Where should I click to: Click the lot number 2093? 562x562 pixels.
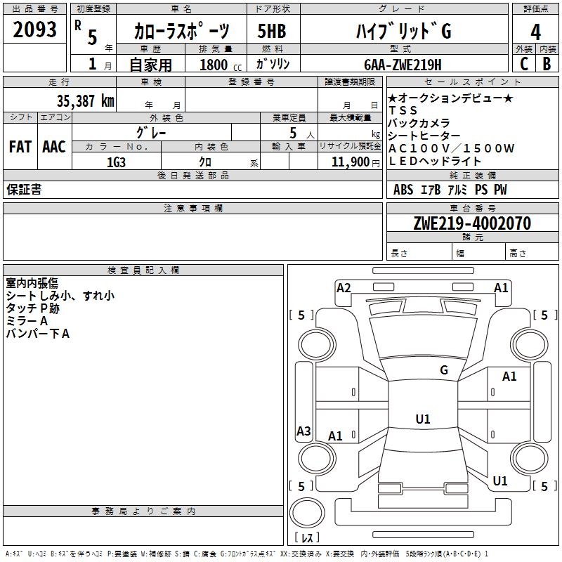coord(34,30)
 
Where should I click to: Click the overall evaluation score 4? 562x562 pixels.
coord(535,32)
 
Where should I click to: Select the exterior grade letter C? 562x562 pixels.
coord(524,64)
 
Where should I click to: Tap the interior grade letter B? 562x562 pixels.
coord(547,64)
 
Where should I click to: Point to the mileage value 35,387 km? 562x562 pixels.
coord(85,101)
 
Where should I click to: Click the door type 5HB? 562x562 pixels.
coord(272,31)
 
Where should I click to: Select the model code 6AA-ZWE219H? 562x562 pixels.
coord(403,65)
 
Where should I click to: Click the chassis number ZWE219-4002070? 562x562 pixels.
coord(472,223)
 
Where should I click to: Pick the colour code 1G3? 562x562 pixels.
coord(116,162)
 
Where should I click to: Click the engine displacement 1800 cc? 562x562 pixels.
coord(221,65)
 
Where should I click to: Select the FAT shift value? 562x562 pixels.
coord(20,147)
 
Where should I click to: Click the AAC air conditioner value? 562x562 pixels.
coord(54,147)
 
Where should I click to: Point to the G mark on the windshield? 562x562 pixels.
coord(444,370)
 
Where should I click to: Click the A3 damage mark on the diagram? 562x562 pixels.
coord(303,431)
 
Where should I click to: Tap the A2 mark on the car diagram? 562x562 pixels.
coord(344,288)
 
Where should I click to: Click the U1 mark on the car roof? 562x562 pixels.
coord(423,419)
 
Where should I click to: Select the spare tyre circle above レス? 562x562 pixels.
coord(307,513)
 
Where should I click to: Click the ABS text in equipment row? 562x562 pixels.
coord(403,190)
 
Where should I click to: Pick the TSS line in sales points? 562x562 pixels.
coord(403,110)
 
